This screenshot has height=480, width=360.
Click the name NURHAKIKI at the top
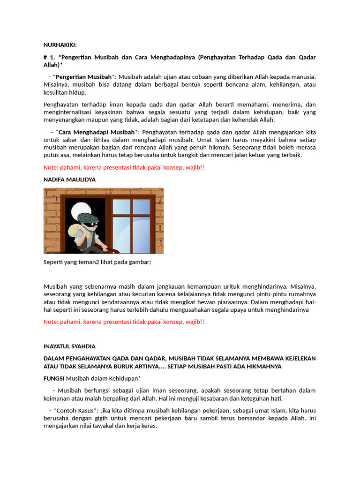point(60,45)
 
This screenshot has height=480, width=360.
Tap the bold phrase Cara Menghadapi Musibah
point(96,132)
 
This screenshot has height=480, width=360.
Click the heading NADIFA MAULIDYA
point(70,180)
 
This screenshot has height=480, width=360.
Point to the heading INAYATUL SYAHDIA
point(69,346)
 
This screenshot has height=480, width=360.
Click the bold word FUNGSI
point(54,378)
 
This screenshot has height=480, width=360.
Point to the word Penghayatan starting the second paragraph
point(62,105)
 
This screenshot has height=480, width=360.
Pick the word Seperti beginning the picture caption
point(54,262)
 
